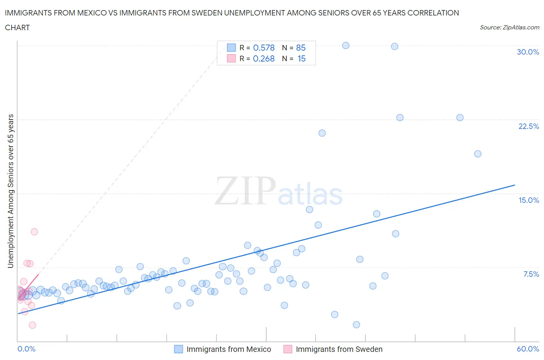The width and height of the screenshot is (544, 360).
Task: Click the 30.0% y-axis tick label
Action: coord(528,52)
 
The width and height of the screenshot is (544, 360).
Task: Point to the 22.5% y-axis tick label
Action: coord(529,126)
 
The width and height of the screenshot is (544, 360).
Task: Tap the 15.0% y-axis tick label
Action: coord(529,200)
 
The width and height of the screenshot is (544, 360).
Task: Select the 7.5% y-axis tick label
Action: coord(531,274)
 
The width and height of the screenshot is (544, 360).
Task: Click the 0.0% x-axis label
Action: coord(26,349)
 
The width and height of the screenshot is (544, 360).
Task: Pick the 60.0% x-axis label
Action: coord(528,349)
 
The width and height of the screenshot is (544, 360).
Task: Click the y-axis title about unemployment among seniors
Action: coord(10,191)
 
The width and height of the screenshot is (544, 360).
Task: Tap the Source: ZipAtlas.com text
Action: coord(509,27)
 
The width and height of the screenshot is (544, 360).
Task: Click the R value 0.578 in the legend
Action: coord(263,48)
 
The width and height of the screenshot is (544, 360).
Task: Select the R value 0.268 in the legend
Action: coord(263,58)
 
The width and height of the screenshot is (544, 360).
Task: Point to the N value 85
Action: coord(301,48)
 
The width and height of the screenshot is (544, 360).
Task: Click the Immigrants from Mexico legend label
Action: coord(229,349)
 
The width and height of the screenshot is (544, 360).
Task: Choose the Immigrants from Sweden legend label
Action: coord(339,349)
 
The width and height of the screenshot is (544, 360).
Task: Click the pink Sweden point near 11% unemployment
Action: coord(34,232)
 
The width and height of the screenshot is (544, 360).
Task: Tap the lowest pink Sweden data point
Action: coord(33,325)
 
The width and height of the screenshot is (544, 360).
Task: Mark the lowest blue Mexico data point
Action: coord(356,325)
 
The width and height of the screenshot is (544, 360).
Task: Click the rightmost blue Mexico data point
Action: coord(478,154)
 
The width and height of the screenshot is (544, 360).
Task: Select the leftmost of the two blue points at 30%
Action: coord(346,46)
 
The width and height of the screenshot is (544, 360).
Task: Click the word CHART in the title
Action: coord(17,27)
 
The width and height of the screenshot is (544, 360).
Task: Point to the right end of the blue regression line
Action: coord(515,185)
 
